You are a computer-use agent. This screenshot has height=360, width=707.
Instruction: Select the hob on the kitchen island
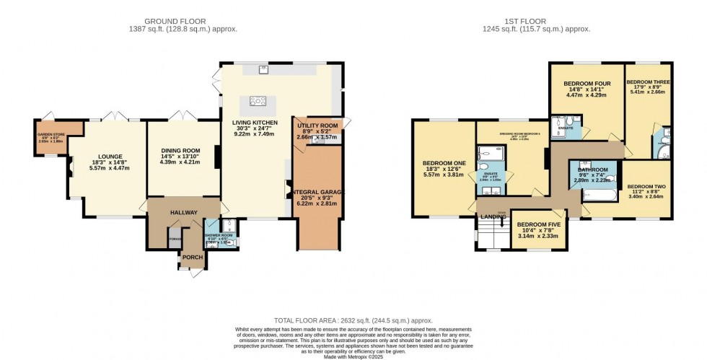[x=258, y=101]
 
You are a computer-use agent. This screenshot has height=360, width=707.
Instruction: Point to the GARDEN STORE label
[x=51, y=133]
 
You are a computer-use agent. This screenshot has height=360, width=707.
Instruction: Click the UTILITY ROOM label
[x=317, y=126]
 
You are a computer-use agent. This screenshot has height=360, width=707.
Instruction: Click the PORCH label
[x=192, y=258]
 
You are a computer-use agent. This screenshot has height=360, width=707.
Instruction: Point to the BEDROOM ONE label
[x=444, y=163]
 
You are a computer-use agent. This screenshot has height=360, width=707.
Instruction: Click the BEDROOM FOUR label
[x=587, y=84]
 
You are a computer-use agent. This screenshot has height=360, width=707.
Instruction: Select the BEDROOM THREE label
[x=648, y=82]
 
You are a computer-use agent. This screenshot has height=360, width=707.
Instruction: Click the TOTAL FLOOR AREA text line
[x=353, y=319]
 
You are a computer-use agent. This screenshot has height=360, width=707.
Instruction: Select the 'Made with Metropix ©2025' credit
[x=353, y=356]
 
